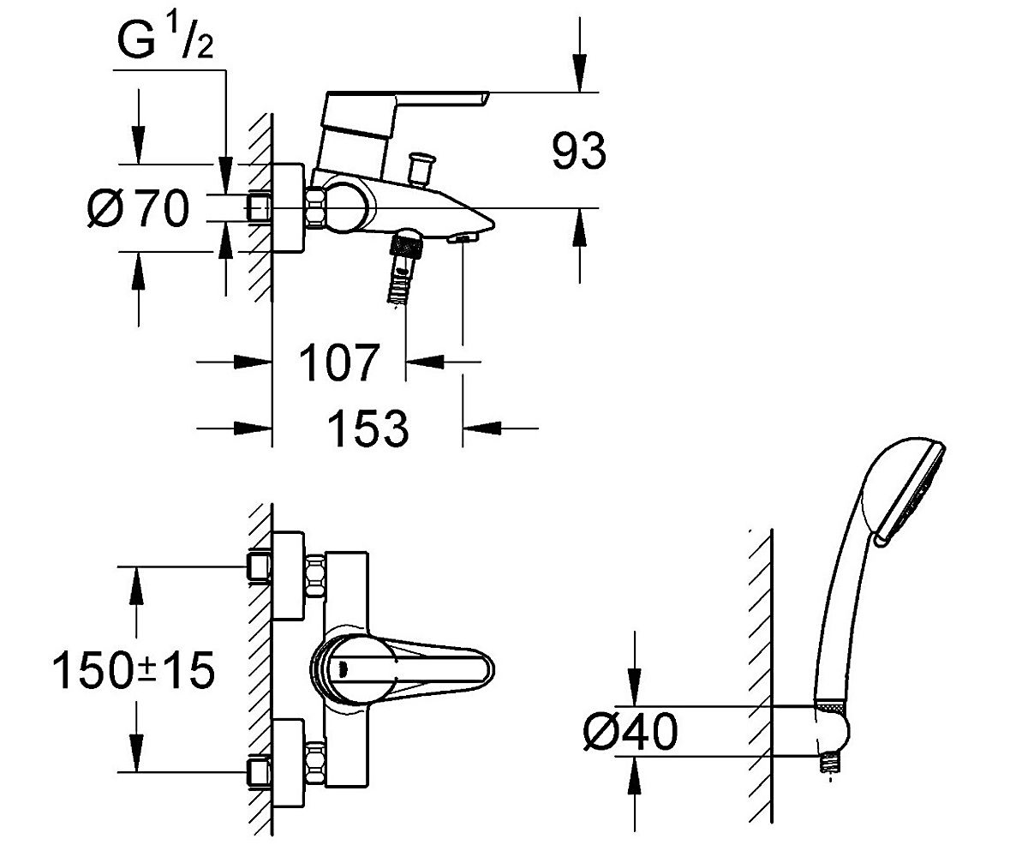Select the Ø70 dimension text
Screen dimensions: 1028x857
click(138, 208)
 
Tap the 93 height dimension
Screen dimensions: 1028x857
click(578, 151)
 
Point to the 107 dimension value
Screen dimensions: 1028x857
click(339, 363)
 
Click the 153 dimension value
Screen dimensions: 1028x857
click(368, 428)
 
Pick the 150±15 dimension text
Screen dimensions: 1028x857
click(134, 670)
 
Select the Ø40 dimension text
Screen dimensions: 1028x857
click(631, 731)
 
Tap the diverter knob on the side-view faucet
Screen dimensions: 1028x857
click(421, 169)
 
